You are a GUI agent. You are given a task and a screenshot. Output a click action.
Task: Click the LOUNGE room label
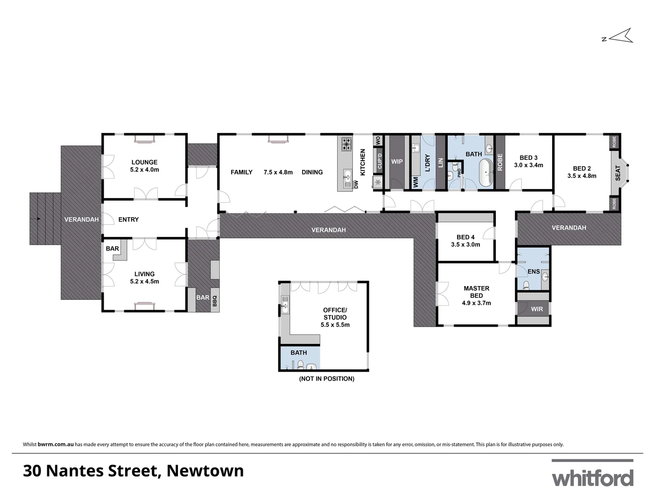click(x=144, y=162)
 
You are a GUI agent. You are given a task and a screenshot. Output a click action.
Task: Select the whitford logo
click(x=592, y=477)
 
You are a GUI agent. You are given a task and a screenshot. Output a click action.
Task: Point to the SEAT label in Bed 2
click(x=618, y=173)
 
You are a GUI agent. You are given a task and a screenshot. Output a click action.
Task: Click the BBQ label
click(x=215, y=301)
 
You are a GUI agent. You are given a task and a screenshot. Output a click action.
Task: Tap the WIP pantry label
click(x=397, y=162)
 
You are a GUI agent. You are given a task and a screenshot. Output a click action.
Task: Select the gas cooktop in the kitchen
click(x=347, y=144)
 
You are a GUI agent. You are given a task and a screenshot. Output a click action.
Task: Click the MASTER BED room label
click(x=476, y=292)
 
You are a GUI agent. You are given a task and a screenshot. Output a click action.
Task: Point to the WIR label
click(x=537, y=309)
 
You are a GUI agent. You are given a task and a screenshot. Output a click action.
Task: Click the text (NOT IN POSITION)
click(x=327, y=379)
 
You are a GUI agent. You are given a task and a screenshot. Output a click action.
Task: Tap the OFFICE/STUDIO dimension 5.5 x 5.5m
click(x=335, y=325)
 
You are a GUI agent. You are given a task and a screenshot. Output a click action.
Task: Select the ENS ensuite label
click(x=534, y=272)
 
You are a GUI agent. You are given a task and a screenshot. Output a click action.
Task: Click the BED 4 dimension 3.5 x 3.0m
click(x=465, y=245)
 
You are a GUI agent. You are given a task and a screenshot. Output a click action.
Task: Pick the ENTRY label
click(x=128, y=220)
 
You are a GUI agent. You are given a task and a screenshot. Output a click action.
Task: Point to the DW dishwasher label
click(x=356, y=184)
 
